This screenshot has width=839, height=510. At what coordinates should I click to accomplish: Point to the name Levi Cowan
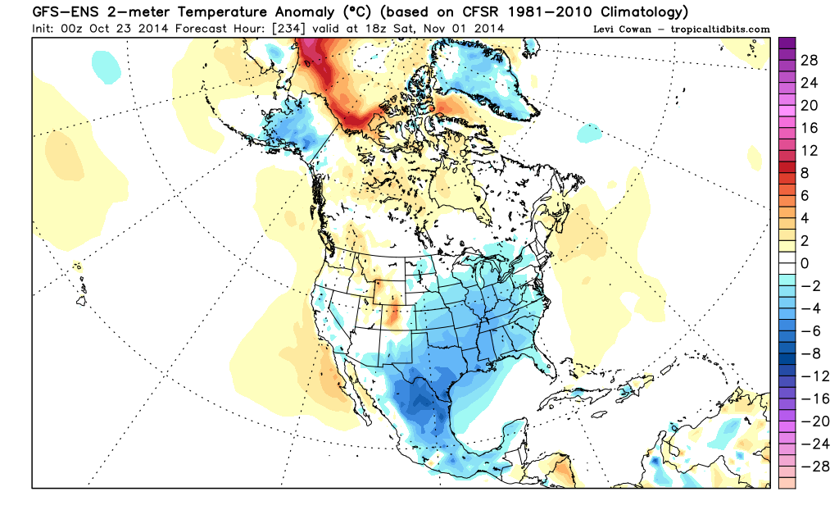pyautogui.click(x=622, y=30)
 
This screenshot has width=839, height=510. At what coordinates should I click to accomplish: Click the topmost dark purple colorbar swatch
pyautogui.click(x=787, y=43)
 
